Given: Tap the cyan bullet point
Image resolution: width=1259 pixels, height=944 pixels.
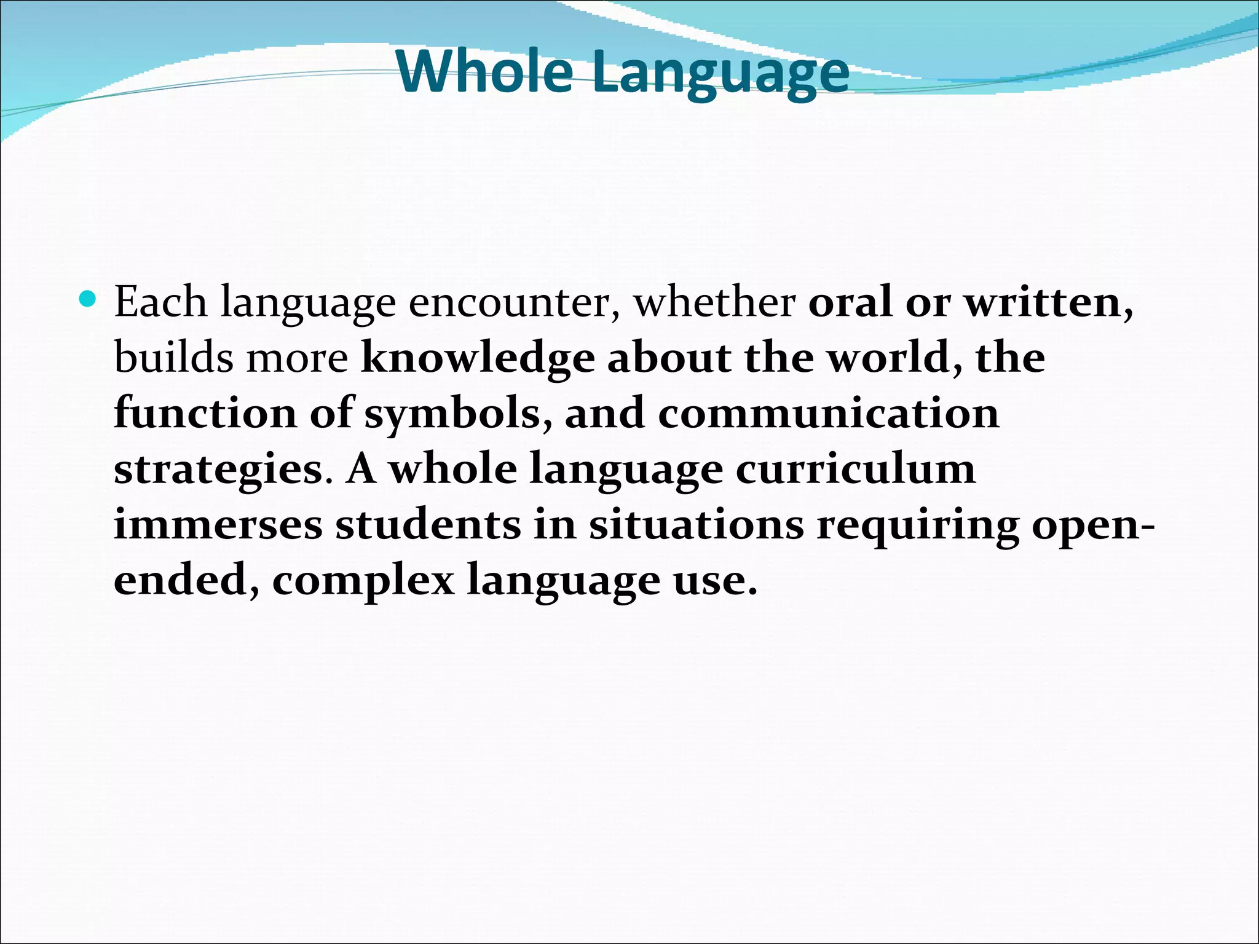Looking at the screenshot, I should pyautogui.click(x=89, y=300).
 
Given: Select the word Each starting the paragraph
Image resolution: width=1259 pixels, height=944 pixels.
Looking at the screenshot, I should pyautogui.click(x=160, y=302).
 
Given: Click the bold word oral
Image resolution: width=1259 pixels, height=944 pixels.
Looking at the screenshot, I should pyautogui.click(x=850, y=302).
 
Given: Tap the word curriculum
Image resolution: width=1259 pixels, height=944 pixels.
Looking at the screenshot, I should pyautogui.click(x=855, y=470).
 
